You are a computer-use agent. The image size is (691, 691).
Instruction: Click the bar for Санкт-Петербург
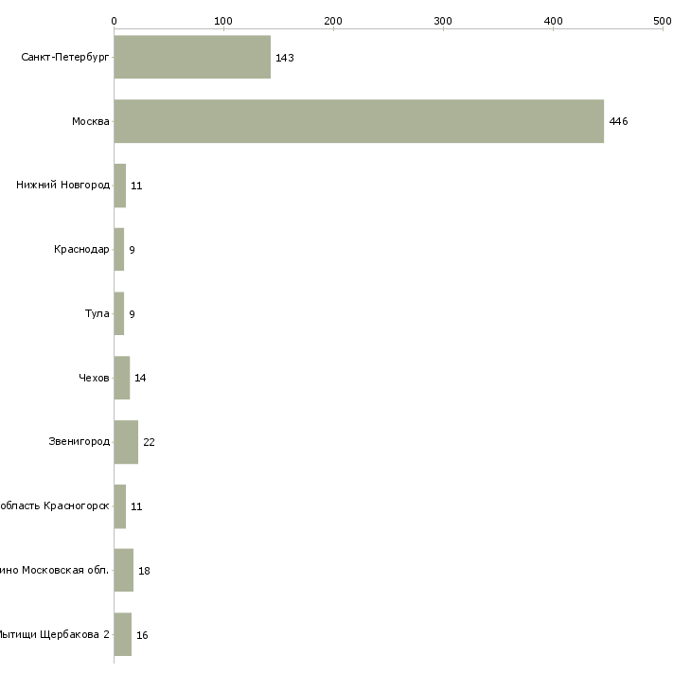(x=192, y=57)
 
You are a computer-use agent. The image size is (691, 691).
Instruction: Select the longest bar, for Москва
(x=359, y=121)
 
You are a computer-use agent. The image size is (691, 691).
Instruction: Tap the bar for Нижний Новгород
(x=120, y=186)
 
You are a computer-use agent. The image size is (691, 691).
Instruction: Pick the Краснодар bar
(x=119, y=250)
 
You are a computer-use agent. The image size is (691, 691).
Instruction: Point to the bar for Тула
(x=119, y=314)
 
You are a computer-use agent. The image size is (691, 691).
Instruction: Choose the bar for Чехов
(x=122, y=378)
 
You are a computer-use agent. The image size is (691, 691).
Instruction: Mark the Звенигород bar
(x=126, y=442)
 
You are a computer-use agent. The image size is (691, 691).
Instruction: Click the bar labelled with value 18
(x=124, y=571)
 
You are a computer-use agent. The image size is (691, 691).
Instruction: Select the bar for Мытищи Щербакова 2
(x=123, y=634)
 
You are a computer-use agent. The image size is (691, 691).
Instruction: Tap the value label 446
(x=618, y=122)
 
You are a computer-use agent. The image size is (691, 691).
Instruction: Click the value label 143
(x=284, y=58)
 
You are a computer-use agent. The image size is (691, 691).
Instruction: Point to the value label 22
(x=149, y=443)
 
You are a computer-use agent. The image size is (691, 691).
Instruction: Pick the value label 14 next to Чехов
(x=140, y=379)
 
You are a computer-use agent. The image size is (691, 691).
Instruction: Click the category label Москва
(x=91, y=121)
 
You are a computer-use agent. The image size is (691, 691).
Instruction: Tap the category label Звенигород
(x=80, y=442)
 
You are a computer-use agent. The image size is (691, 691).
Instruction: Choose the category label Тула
(x=97, y=314)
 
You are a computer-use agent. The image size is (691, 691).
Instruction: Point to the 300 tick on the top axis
(x=443, y=21)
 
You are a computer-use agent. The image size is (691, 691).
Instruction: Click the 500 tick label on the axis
(x=663, y=21)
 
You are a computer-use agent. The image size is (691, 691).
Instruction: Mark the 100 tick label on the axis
(x=223, y=21)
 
